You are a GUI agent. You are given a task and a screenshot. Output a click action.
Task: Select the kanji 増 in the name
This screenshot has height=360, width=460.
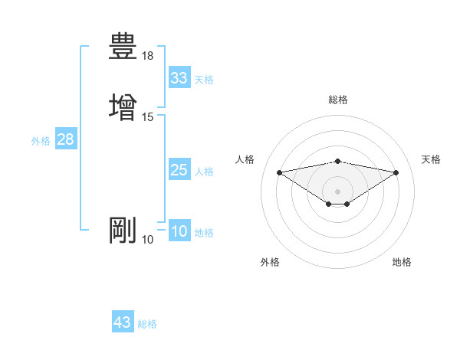pos(123,106)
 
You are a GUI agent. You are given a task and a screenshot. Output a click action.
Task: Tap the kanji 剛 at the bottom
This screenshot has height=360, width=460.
pos(123,231)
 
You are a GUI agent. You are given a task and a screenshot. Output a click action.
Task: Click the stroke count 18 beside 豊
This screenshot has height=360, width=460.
pos(148,56)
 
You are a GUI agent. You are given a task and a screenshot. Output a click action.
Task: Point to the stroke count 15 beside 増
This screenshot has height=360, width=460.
pos(148,116)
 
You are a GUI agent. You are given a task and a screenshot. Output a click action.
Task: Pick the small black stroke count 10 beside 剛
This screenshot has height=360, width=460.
pos(148,241)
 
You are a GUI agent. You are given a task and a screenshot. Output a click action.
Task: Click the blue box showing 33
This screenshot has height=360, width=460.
pos(179,78)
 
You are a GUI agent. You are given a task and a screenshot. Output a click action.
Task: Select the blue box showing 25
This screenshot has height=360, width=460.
pos(179,170)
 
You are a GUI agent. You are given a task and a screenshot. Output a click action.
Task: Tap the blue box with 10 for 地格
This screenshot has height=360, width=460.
pos(179,232)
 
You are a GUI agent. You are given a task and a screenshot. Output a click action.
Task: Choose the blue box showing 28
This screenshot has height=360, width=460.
pos(65,139)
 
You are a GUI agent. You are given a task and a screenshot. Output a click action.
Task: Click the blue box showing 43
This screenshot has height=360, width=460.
pos(123,322)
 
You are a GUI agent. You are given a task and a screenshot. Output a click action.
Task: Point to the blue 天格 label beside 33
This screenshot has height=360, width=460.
pos(204,80)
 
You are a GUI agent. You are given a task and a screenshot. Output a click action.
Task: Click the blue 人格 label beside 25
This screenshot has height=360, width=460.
pos(204,172)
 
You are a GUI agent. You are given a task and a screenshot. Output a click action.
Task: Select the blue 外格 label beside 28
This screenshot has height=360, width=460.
pos(41,141)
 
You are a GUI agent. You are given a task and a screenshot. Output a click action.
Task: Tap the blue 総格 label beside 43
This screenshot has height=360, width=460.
pos(147,324)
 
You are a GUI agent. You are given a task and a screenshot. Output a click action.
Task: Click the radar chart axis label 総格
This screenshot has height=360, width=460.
pos(338,100)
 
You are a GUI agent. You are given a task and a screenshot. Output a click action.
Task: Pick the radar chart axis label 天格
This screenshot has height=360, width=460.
pos(432,159)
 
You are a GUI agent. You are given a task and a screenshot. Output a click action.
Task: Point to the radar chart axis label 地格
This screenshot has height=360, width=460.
pos(402,262)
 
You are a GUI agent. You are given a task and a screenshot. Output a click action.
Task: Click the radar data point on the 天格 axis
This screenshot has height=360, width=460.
pos(396,172)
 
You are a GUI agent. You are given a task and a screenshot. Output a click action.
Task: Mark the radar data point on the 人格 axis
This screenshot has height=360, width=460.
pos(279,172)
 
